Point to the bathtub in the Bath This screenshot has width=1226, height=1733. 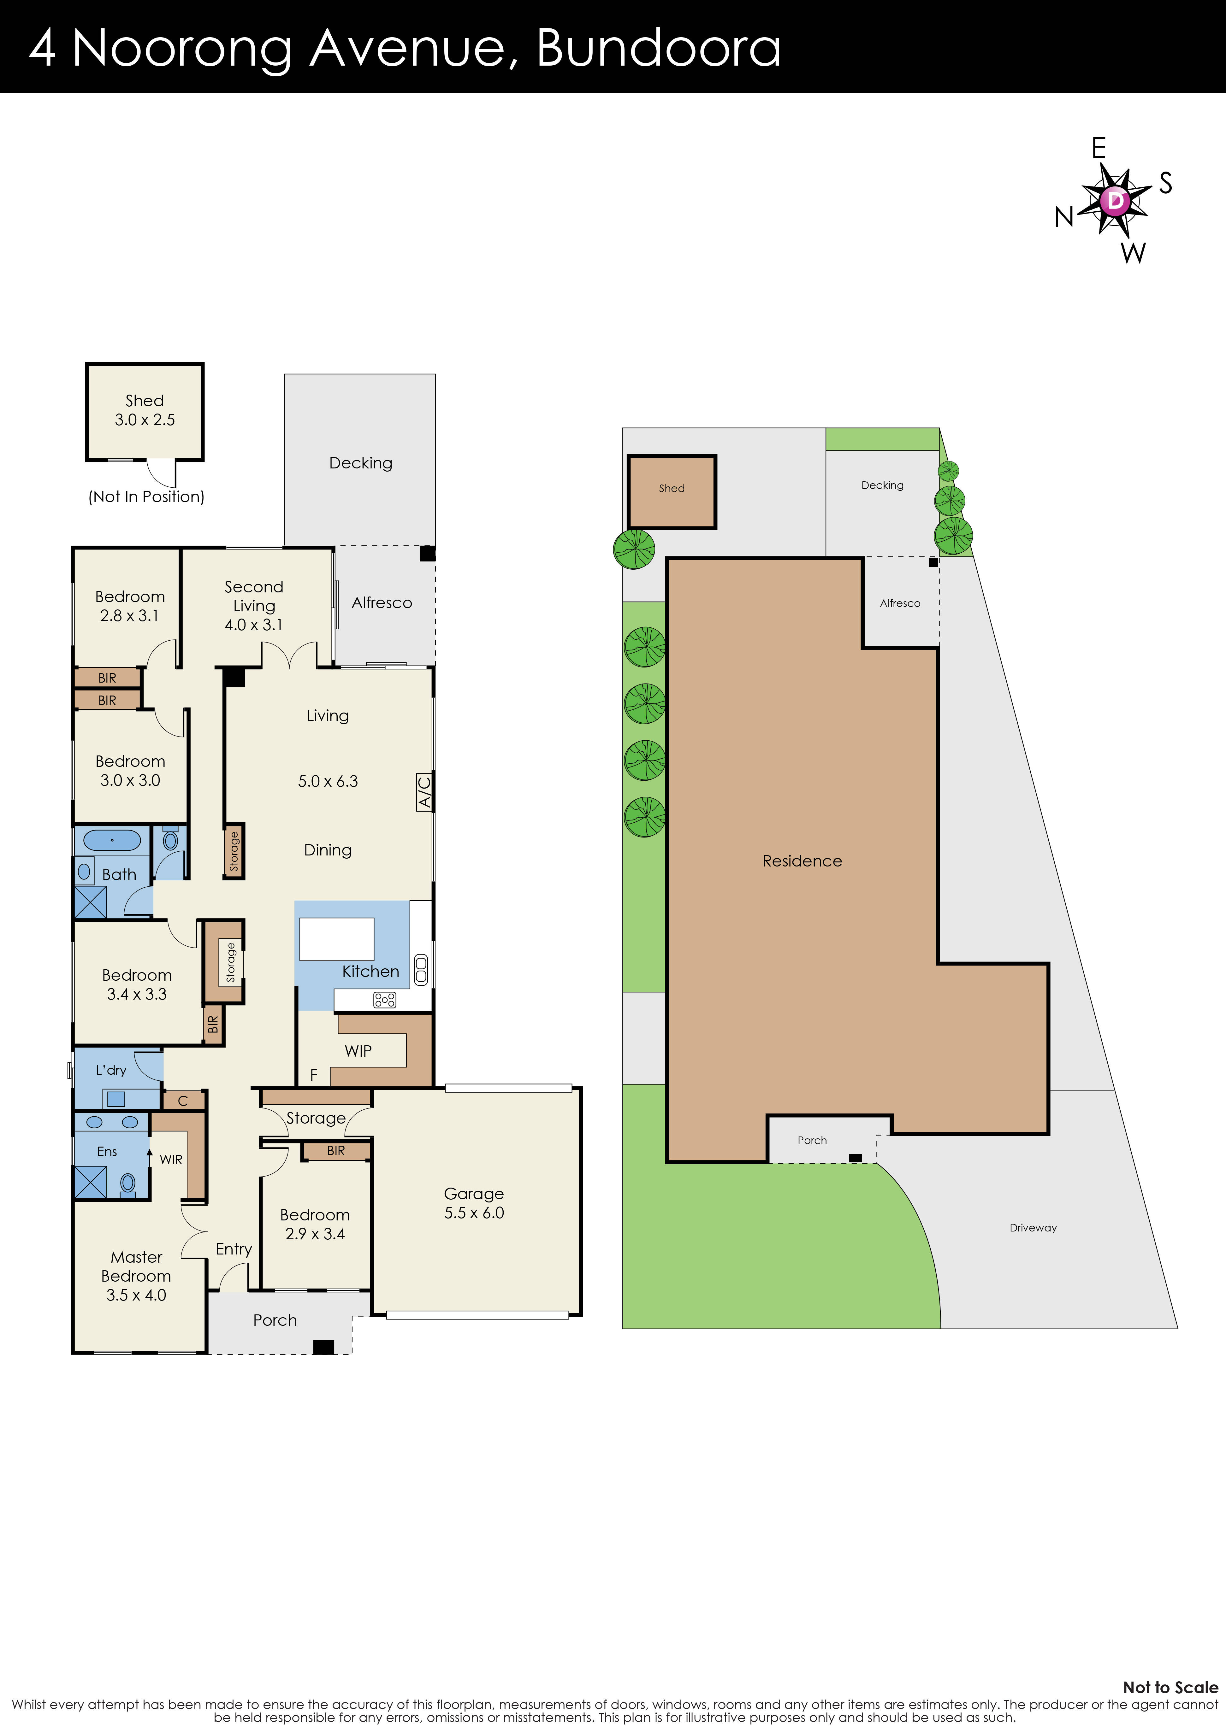[x=112, y=840]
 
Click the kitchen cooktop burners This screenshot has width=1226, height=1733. [x=384, y=1000]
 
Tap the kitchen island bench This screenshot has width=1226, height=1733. [x=337, y=939]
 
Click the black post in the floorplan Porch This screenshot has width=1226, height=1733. [x=323, y=1347]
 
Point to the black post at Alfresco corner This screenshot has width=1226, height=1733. [x=427, y=553]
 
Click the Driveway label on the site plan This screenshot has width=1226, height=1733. [x=1033, y=1228]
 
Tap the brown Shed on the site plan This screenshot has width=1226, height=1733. [x=671, y=491]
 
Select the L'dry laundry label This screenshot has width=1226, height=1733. [x=111, y=1070]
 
